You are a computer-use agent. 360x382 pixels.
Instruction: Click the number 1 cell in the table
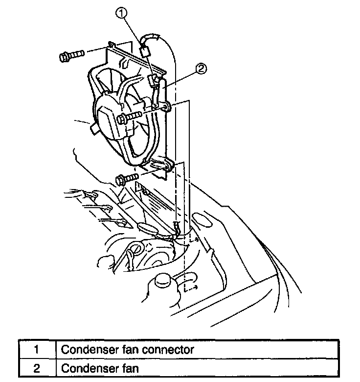37,350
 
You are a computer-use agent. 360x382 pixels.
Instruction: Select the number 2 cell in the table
37,367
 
